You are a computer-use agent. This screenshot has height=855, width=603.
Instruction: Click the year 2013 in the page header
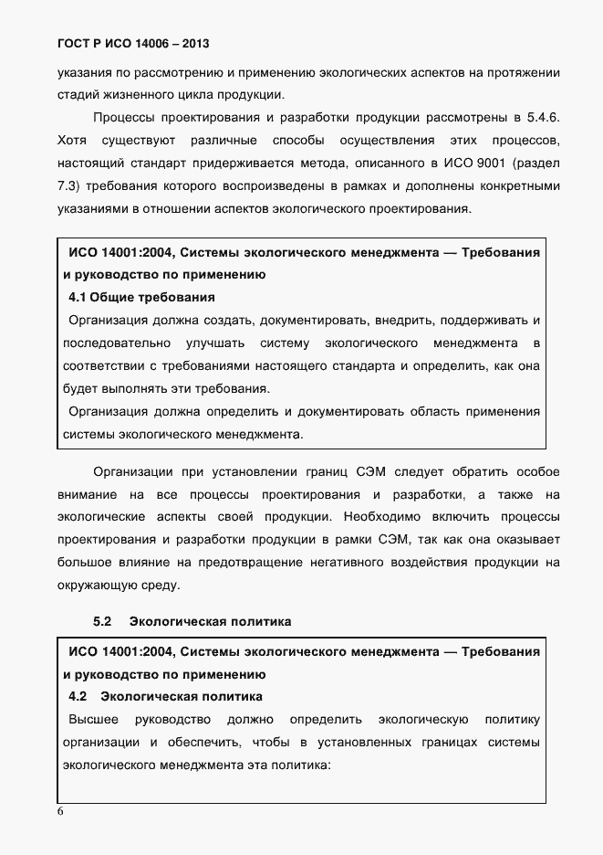click(204, 43)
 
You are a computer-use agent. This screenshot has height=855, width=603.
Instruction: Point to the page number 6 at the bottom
click(60, 811)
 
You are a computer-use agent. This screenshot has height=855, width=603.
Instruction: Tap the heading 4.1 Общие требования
click(141, 297)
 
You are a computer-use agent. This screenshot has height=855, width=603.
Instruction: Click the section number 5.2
click(102, 621)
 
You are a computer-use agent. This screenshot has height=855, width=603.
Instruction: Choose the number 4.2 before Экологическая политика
click(78, 697)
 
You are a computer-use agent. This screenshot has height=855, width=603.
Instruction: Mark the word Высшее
click(92, 719)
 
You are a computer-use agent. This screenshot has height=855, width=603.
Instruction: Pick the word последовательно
click(117, 343)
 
